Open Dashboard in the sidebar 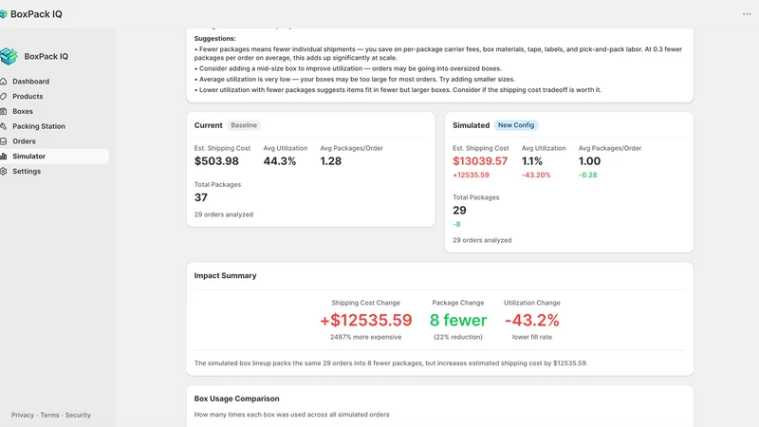[x=30, y=82]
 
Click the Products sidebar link [x=28, y=97]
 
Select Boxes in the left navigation [x=23, y=111]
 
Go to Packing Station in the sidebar [x=39, y=126]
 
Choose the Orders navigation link [x=24, y=141]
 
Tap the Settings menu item [x=27, y=172]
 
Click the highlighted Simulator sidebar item [x=29, y=157]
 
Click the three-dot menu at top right [x=747, y=14]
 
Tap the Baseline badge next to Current [x=244, y=125]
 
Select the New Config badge [x=516, y=125]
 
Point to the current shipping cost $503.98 [x=216, y=161]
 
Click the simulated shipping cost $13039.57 [x=480, y=161]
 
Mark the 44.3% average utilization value [x=280, y=161]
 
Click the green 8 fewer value [x=458, y=320]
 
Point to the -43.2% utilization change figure [x=532, y=320]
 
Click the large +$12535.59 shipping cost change [x=366, y=320]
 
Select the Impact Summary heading [x=225, y=275]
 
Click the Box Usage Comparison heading [x=236, y=399]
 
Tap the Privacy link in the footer [x=23, y=415]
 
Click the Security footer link [x=78, y=415]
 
